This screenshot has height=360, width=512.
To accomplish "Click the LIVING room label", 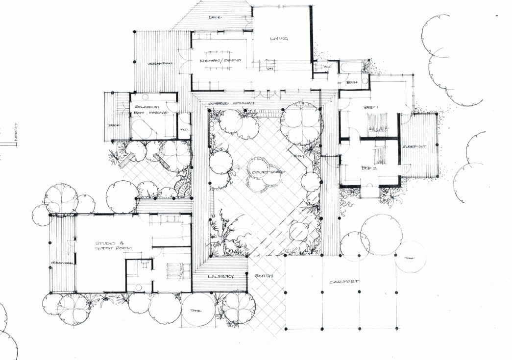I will (279, 39).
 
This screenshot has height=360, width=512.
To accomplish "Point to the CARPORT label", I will (344, 282).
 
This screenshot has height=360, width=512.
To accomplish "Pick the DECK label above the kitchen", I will (215, 17).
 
